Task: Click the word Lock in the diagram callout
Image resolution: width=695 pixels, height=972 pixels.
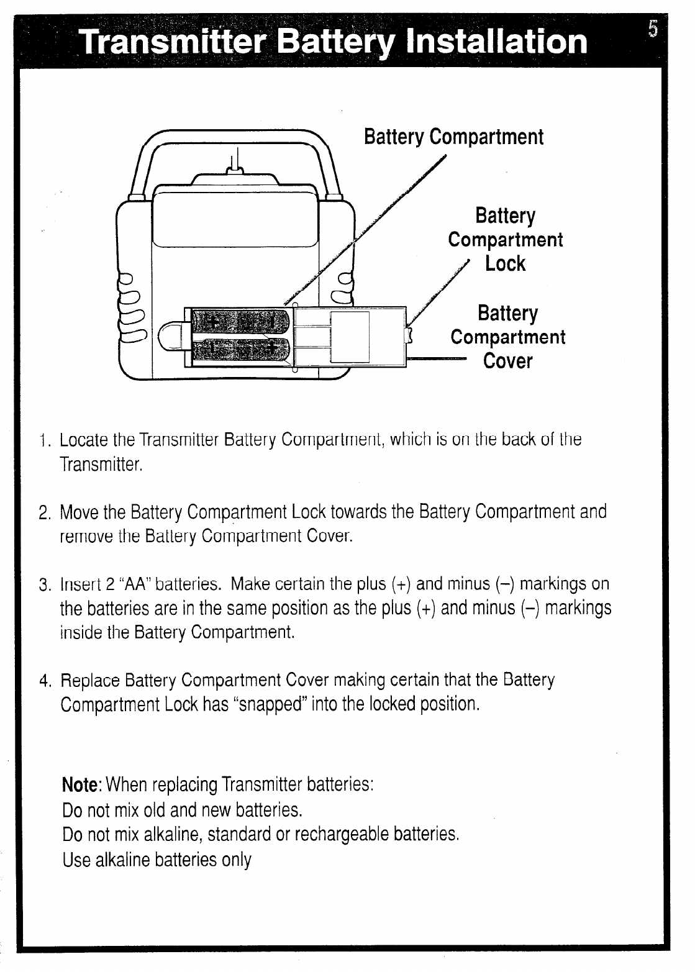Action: click(x=505, y=264)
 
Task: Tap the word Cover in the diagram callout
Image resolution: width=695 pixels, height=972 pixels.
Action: click(x=507, y=361)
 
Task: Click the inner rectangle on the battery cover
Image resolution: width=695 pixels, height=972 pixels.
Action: click(x=350, y=337)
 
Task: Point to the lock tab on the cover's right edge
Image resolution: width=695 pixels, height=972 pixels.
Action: click(x=409, y=336)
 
